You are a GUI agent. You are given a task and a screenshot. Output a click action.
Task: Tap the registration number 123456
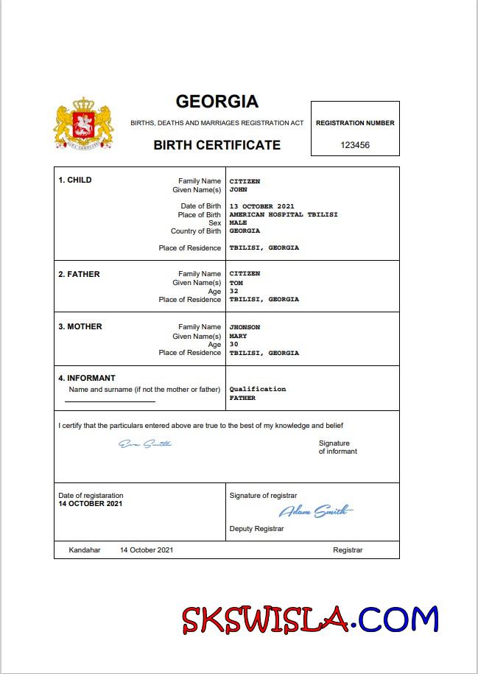pyautogui.click(x=355, y=145)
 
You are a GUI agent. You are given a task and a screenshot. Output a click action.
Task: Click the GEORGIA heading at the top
pyautogui.click(x=217, y=101)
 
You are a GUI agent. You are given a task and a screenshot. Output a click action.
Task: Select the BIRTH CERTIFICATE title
pyautogui.click(x=217, y=145)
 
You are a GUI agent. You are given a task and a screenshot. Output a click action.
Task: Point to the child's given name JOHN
pyautogui.click(x=238, y=189)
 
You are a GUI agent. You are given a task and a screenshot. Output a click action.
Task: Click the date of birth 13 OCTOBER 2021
pyautogui.click(x=261, y=206)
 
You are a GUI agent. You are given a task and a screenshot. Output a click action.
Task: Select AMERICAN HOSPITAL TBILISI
pyautogui.click(x=273, y=214)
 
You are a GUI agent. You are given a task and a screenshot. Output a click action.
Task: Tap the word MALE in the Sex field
pyautogui.click(x=238, y=222)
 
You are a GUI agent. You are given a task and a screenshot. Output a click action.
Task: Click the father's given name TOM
pyautogui.click(x=236, y=283)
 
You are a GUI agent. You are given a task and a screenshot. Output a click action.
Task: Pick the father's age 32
pyautogui.click(x=234, y=291)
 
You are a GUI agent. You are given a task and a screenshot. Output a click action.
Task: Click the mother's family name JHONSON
pyautogui.click(x=245, y=327)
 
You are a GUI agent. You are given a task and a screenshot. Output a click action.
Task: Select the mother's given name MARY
pyautogui.click(x=238, y=336)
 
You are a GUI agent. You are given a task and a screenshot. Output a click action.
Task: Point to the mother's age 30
pyautogui.click(x=234, y=344)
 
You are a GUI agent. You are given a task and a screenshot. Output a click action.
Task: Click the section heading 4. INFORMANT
pyautogui.click(x=87, y=378)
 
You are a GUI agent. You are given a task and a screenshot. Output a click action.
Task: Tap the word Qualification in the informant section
pyautogui.click(x=258, y=389)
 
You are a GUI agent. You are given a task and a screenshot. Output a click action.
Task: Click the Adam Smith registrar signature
pyautogui.click(x=315, y=511)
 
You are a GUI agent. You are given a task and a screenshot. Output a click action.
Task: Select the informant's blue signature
pyautogui.click(x=145, y=443)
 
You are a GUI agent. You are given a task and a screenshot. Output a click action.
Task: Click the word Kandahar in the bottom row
pyautogui.click(x=84, y=550)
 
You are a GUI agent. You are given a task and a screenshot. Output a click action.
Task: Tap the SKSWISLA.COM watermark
pyautogui.click(x=310, y=619)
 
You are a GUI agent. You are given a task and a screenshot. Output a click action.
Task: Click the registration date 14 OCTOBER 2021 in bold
pyautogui.click(x=91, y=504)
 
